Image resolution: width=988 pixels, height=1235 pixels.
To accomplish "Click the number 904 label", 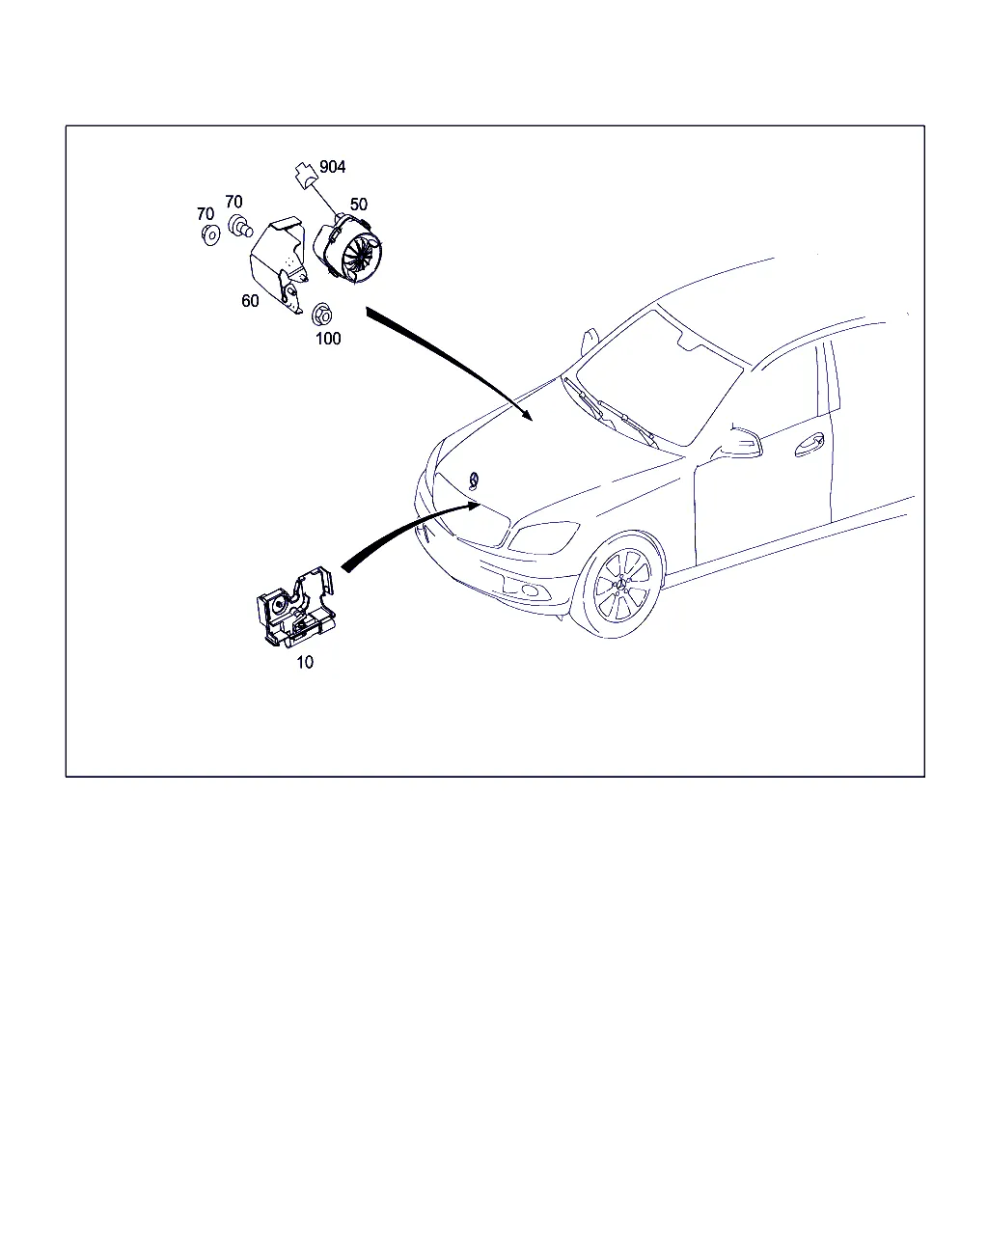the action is [x=333, y=167].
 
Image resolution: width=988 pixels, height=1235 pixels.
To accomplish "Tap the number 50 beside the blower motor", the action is [x=359, y=205].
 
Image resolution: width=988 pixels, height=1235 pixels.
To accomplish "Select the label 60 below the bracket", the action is [x=250, y=301].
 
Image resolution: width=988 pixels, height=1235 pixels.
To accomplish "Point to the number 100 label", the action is [x=328, y=339].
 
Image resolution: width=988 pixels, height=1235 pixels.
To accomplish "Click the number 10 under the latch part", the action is [x=305, y=662].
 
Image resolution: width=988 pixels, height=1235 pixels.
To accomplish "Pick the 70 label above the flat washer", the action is [x=206, y=214].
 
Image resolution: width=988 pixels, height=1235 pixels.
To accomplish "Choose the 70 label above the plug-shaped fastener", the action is [x=233, y=202].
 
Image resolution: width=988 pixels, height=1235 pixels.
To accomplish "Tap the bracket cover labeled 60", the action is [x=279, y=265].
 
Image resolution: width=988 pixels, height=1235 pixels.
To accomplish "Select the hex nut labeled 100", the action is [x=322, y=314].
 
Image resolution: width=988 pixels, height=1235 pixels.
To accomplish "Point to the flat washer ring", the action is [x=210, y=235].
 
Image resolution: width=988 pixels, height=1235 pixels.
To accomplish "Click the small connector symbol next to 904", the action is [x=307, y=175].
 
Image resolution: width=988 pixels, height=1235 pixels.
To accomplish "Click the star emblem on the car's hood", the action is [x=474, y=480].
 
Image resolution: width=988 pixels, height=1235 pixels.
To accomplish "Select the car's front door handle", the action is [x=810, y=445].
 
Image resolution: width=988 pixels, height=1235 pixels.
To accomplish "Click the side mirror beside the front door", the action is [x=738, y=443].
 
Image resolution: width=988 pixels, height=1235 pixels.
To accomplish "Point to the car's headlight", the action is [x=543, y=537].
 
